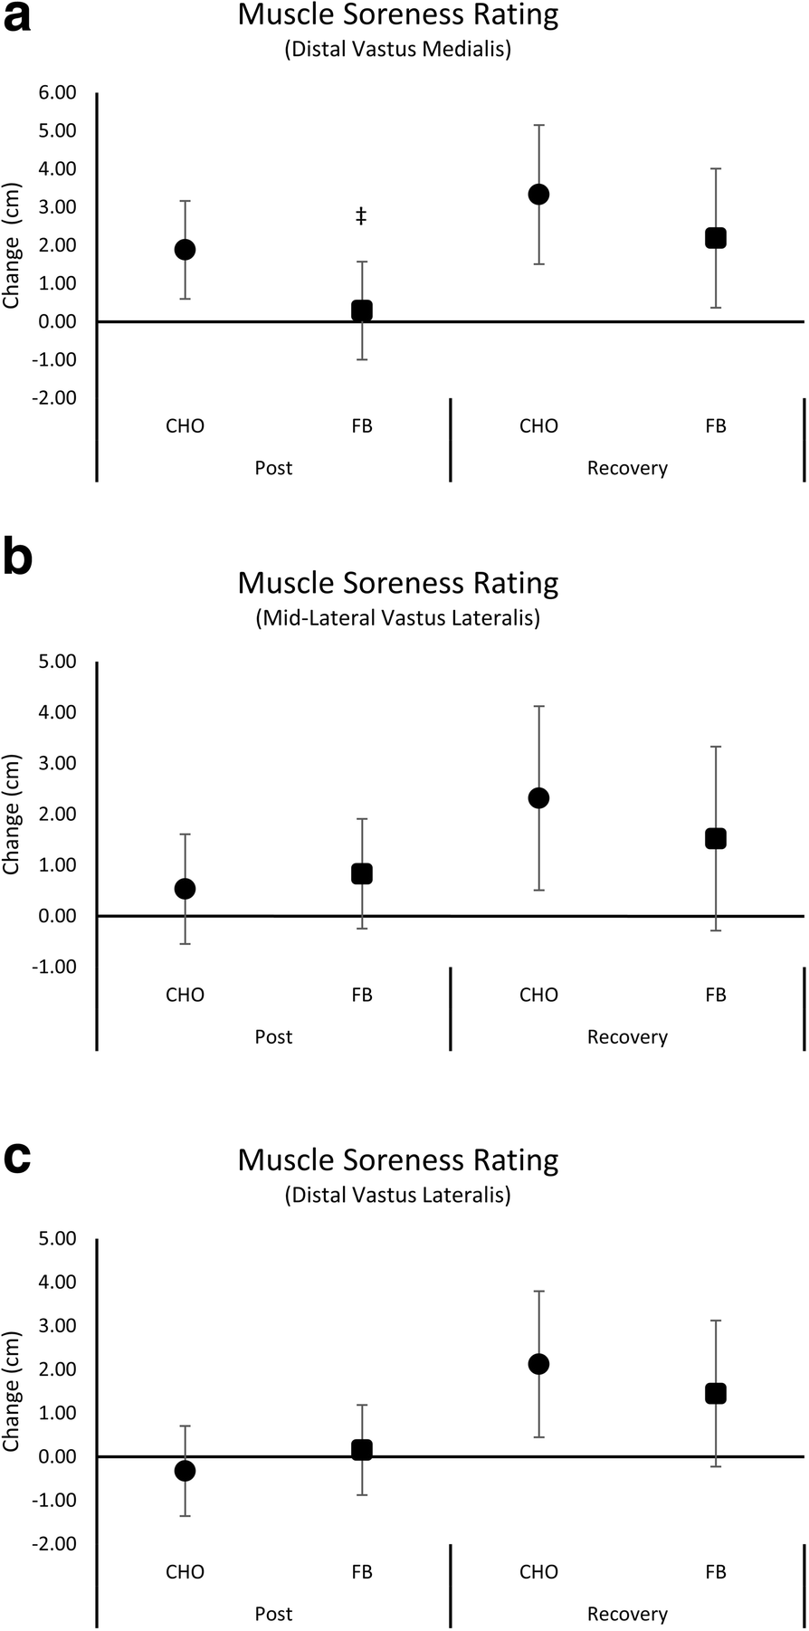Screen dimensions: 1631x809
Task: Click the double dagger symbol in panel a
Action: tap(361, 215)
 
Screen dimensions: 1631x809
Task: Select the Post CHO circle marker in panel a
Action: tap(185, 250)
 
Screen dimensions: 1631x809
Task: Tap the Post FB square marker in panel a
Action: tap(361, 310)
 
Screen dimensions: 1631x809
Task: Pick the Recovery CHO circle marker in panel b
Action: tap(538, 797)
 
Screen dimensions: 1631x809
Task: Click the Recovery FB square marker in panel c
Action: tap(716, 1393)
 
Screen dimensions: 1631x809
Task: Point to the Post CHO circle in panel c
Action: tap(185, 1471)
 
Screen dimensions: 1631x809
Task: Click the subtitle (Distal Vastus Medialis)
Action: tap(398, 49)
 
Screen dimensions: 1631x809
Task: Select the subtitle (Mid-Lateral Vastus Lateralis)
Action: tap(398, 618)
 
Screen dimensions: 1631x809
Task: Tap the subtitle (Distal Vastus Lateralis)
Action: tap(398, 1195)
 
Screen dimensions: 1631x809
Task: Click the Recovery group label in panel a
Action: tap(627, 468)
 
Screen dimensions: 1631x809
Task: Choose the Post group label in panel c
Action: tap(273, 1614)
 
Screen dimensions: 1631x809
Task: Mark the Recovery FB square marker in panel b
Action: tap(716, 838)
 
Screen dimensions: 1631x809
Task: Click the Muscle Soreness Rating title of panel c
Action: tap(398, 1159)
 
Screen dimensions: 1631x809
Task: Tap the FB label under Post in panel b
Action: tap(361, 995)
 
